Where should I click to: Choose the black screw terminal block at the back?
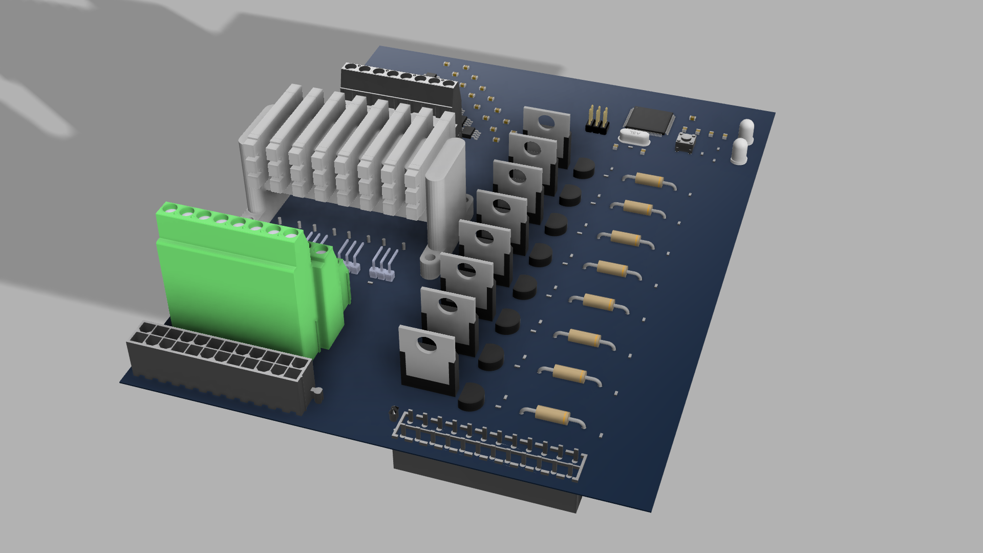point(399,84)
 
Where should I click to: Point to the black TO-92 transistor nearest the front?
point(471,397)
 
